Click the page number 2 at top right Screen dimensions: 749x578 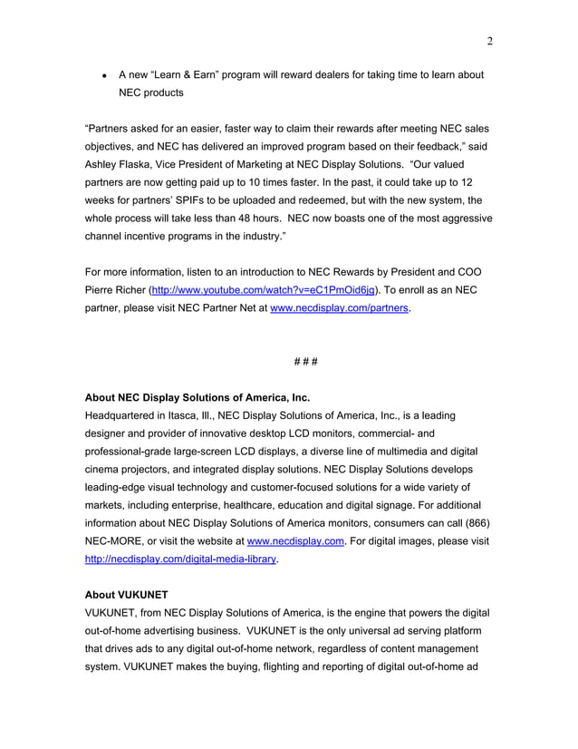point(488,41)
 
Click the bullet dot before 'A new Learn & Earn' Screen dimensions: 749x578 point(106,75)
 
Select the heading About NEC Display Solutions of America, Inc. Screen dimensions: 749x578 point(197,397)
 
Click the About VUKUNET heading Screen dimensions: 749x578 point(127,597)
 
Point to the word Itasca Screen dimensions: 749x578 point(179,415)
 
